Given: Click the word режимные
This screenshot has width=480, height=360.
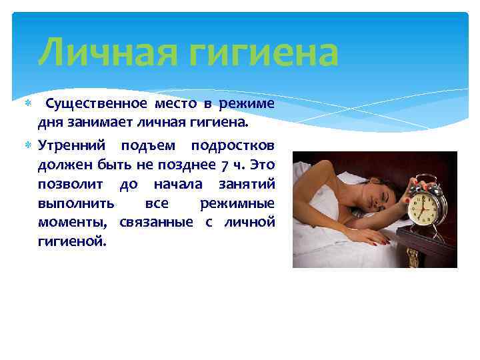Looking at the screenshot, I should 238,203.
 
